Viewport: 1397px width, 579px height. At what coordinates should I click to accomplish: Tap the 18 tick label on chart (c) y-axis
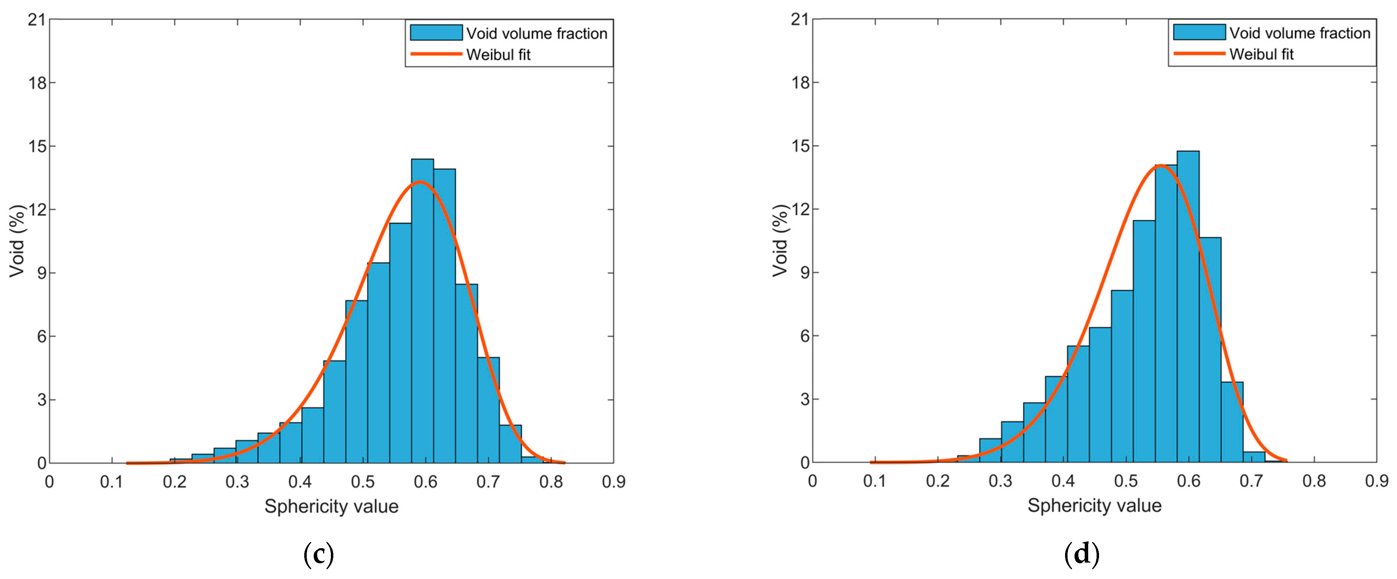pos(38,83)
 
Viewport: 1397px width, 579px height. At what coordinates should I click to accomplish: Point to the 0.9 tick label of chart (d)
pos(1376,481)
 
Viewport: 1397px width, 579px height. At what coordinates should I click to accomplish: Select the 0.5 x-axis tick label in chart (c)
pos(362,481)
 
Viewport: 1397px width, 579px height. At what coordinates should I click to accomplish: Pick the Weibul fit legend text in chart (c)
pos(498,55)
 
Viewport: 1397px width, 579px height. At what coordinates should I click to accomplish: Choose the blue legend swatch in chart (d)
pos(1198,33)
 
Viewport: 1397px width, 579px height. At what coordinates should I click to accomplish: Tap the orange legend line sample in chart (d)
pos(1198,54)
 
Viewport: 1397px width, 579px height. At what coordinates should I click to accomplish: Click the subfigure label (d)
pos(1082,554)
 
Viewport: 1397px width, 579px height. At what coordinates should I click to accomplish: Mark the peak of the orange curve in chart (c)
pos(420,183)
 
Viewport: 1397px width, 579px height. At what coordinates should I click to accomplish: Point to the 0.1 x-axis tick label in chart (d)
pos(874,481)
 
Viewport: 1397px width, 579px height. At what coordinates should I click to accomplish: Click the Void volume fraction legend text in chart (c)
pos(536,34)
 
